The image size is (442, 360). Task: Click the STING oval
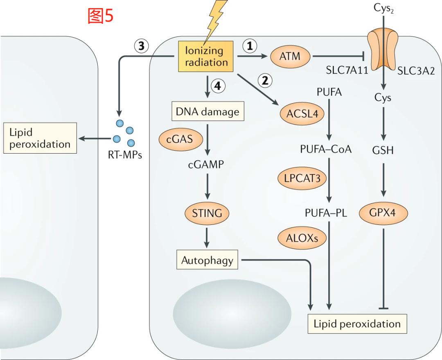click(207, 213)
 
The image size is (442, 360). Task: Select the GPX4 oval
click(383, 213)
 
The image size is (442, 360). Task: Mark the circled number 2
click(265, 81)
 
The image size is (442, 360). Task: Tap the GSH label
click(383, 150)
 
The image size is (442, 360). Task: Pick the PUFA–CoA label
click(326, 149)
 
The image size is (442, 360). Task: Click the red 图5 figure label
click(100, 16)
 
